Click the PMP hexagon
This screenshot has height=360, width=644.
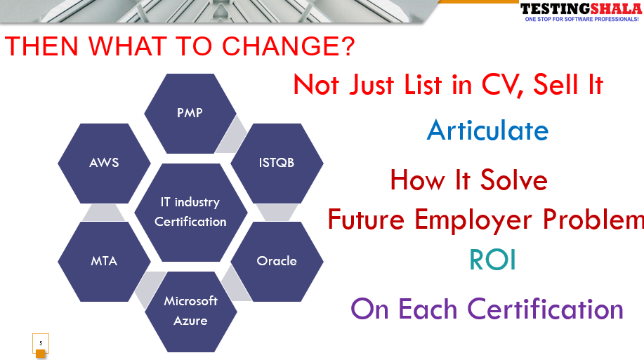(x=190, y=114)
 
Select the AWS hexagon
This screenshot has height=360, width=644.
(x=104, y=163)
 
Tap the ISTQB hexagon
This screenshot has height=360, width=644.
(x=277, y=163)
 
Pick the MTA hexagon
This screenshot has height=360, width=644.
(x=104, y=262)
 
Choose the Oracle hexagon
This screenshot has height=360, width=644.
(x=277, y=262)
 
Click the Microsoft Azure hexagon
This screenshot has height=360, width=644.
(x=191, y=311)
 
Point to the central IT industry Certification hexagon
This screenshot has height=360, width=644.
(x=191, y=212)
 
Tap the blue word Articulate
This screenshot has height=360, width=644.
(x=487, y=131)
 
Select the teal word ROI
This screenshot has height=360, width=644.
(x=492, y=260)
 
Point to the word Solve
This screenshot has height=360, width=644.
(x=514, y=180)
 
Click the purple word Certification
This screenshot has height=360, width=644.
(x=546, y=309)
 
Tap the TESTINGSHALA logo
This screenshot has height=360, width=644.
(x=581, y=8)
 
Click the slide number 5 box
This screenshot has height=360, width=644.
(x=41, y=344)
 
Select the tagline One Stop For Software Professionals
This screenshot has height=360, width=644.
(x=581, y=19)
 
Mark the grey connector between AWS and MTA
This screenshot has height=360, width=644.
(x=103, y=213)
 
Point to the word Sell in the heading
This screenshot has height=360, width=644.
(x=556, y=84)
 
